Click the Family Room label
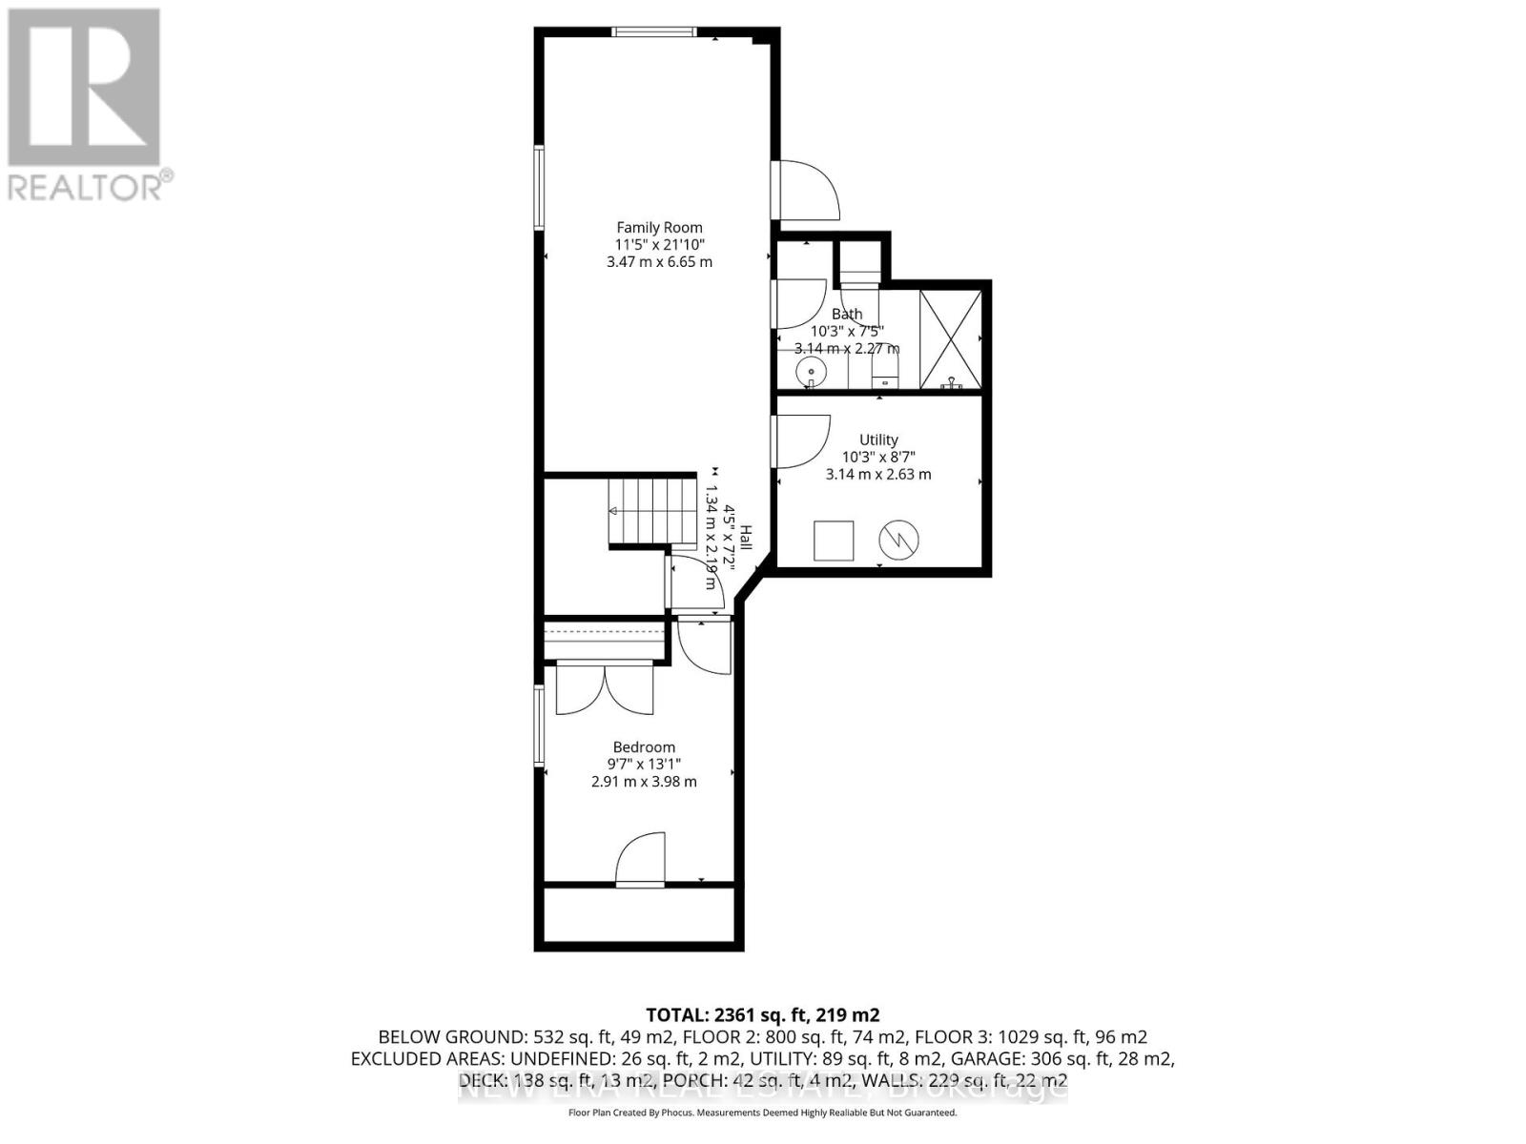pyautogui.click(x=659, y=227)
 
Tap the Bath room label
pyautogui.click(x=847, y=314)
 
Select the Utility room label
pyautogui.click(x=878, y=439)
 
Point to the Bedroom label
pyautogui.click(x=644, y=747)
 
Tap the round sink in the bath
pyautogui.click(x=810, y=371)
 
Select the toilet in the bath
pyautogui.click(x=885, y=367)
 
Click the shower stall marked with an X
pyautogui.click(x=950, y=339)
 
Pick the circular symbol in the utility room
pyautogui.click(x=899, y=540)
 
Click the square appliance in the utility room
pyautogui.click(x=833, y=541)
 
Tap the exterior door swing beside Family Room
pyautogui.click(x=807, y=191)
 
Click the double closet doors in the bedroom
pyautogui.click(x=605, y=688)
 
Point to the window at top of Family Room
pyautogui.click(x=653, y=32)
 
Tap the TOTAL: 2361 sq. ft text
pyautogui.click(x=762, y=1014)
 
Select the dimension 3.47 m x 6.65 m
pyautogui.click(x=659, y=261)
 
